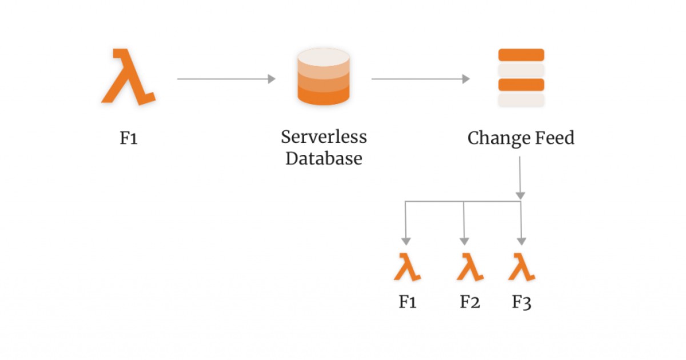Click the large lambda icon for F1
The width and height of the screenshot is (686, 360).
coord(129,77)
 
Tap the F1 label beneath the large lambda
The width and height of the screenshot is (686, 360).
coord(129,139)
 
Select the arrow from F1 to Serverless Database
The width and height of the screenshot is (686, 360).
coord(226,79)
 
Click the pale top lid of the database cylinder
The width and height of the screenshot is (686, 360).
coord(324,58)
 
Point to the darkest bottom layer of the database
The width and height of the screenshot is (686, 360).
coord(324,97)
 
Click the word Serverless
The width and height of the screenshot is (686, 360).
coord(324,137)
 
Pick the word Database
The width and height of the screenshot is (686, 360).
coord(324,158)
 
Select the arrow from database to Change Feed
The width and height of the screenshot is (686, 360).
coord(421,79)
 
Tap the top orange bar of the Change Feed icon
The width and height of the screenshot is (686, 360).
coord(521,55)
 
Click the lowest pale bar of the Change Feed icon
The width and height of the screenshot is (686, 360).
coord(521,101)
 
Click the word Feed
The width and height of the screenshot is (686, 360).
coord(553,139)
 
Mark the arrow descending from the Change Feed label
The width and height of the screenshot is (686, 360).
coord(520,177)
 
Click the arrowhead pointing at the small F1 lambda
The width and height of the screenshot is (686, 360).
coord(406,241)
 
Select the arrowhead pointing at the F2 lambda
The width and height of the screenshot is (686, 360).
coord(464,241)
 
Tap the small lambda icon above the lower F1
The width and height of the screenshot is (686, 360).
coord(407,267)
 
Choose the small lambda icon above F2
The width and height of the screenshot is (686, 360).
coord(470,267)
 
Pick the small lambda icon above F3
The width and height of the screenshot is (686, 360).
coord(521,267)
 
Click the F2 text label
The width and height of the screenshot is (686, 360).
coord(469,302)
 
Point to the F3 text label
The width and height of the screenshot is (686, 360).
coord(521,302)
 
